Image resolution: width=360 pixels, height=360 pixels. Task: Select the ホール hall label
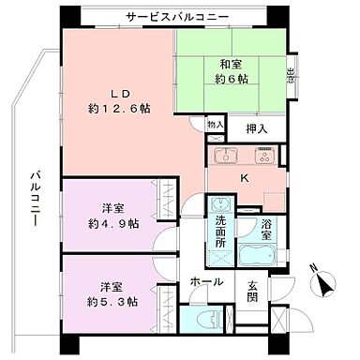[x=206, y=281]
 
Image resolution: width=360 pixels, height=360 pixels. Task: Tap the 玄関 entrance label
[x=253, y=292]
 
